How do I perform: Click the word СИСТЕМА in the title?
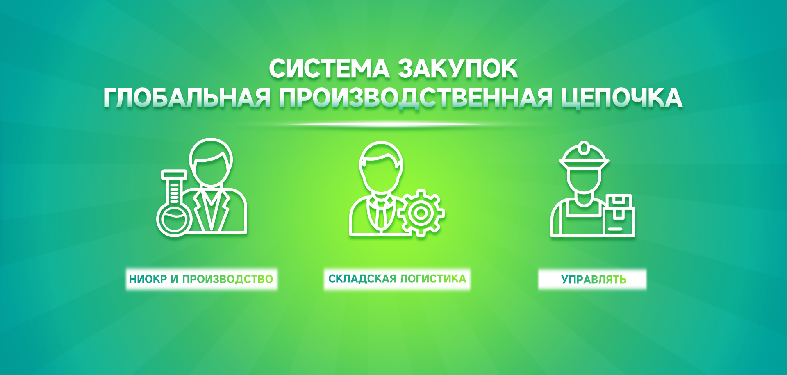coord(329,68)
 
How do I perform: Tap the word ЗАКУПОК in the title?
coord(458,68)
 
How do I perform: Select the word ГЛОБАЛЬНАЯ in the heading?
coord(187,98)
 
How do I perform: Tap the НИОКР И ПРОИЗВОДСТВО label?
coord(201,280)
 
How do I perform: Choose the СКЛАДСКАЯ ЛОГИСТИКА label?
coord(397,279)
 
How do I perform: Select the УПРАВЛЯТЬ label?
coord(594,280)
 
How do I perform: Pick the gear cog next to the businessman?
coord(421,213)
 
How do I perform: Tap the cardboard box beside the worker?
coord(619,216)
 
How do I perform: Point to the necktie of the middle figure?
coord(381,213)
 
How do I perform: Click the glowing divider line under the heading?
coord(393,124)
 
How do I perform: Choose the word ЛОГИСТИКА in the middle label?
coord(433,279)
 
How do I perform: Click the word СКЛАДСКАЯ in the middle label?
coord(362,279)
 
